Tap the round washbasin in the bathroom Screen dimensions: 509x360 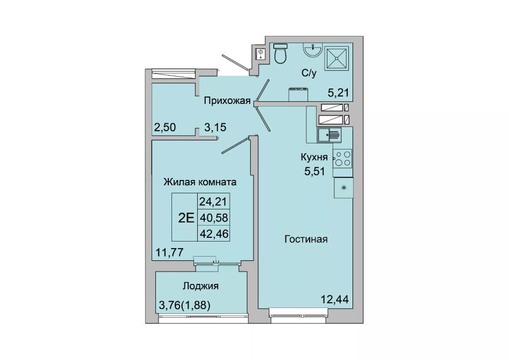point(313,50)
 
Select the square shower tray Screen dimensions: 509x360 point(336,58)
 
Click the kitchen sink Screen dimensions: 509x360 point(329,134)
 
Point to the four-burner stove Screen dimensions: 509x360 point(343,159)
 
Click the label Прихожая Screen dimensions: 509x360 point(227,101)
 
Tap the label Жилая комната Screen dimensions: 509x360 point(200,182)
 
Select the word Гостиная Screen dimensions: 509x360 point(306,239)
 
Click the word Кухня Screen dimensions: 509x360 point(314,157)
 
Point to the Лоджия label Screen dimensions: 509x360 point(200,286)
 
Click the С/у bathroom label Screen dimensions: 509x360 point(309,73)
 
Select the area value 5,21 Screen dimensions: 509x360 point(338,93)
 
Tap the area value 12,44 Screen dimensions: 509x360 point(335,299)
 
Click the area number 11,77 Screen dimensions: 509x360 point(170,252)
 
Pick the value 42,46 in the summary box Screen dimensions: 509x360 point(214,234)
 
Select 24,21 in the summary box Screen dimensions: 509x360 point(213,202)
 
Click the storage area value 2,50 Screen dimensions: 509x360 point(165,127)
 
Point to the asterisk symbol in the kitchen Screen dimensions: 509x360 point(343,187)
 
